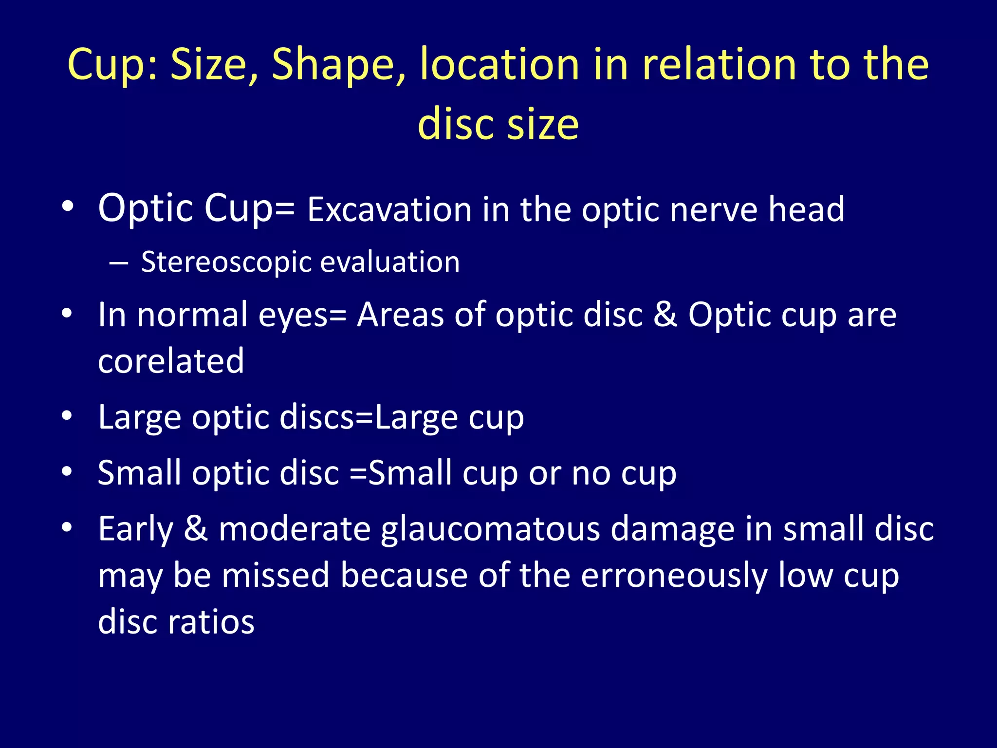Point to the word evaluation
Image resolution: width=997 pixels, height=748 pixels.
click(x=390, y=262)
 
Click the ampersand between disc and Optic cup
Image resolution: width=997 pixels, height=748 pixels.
click(x=665, y=314)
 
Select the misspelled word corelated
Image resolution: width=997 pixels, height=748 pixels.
click(x=171, y=361)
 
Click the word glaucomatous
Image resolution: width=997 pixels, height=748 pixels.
click(x=490, y=529)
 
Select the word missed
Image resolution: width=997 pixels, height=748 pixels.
click(x=276, y=576)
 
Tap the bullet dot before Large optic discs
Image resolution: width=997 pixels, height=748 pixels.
click(x=67, y=416)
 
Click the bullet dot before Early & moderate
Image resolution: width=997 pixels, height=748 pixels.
click(x=67, y=527)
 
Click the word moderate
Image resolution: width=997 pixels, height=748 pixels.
click(x=295, y=529)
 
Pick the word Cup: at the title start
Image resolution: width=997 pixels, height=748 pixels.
click(x=112, y=65)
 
